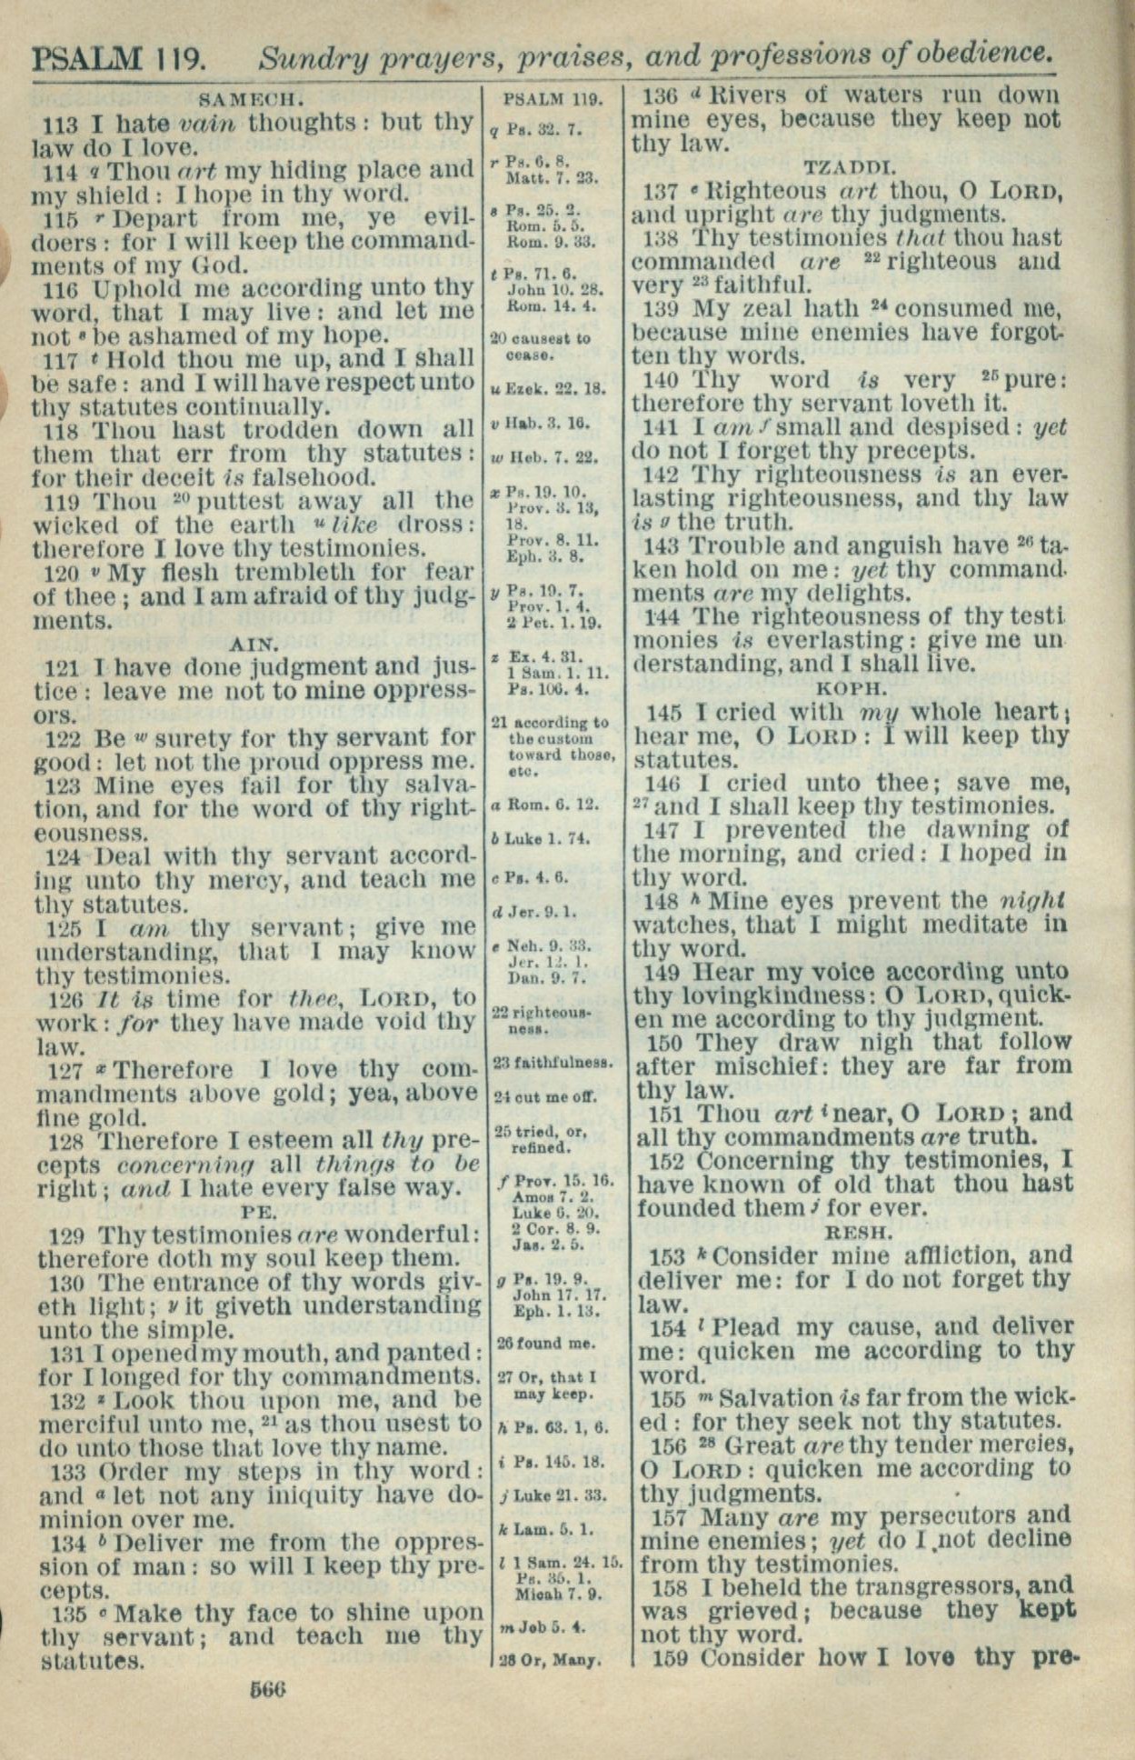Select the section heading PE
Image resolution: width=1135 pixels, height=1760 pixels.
[x=259, y=1211]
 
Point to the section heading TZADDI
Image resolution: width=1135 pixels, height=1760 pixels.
[x=851, y=166]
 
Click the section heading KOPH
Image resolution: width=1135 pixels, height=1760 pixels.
[x=851, y=688]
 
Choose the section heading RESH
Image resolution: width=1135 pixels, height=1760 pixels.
[x=856, y=1233]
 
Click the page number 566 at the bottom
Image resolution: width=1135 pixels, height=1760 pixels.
[x=267, y=1689]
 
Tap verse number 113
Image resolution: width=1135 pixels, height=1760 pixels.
[x=62, y=123]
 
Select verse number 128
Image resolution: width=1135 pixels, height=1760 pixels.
[x=66, y=1141]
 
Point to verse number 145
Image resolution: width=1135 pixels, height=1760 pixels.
[x=666, y=713]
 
